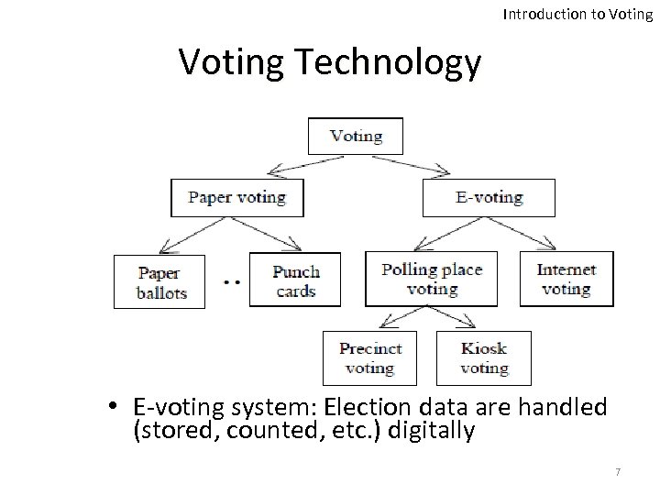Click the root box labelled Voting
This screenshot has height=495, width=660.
pyautogui.click(x=355, y=136)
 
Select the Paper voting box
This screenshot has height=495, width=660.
pyautogui.click(x=236, y=197)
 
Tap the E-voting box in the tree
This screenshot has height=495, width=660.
pyautogui.click(x=488, y=197)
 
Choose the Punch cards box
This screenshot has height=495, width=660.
pyautogui.click(x=294, y=280)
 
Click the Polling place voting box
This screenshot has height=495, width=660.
pyautogui.click(x=431, y=279)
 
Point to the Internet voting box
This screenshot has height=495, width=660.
pyautogui.click(x=566, y=279)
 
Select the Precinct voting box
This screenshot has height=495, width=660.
pyautogui.click(x=370, y=358)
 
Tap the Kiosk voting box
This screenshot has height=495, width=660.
pyautogui.click(x=483, y=358)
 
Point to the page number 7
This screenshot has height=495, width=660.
pyautogui.click(x=618, y=471)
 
